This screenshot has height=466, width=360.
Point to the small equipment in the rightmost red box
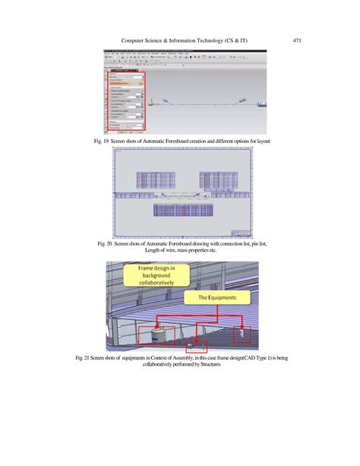click(x=242, y=332)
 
